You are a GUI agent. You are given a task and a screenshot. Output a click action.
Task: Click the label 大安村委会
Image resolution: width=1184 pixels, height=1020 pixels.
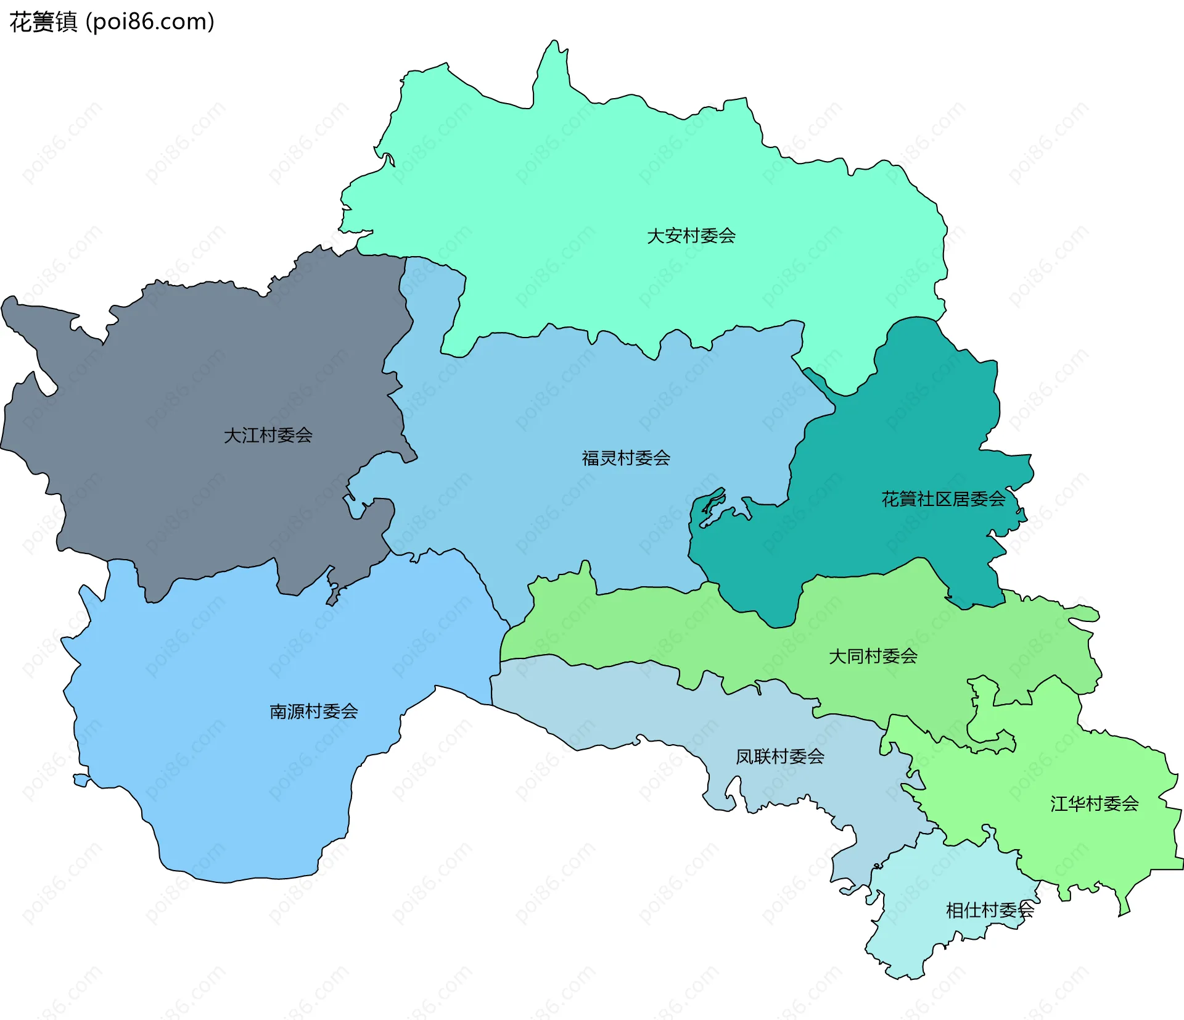point(691,236)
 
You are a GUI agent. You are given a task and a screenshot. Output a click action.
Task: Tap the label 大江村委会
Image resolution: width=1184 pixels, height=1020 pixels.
point(268,435)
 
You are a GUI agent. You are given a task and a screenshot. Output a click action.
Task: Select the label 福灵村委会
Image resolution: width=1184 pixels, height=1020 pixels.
point(625,458)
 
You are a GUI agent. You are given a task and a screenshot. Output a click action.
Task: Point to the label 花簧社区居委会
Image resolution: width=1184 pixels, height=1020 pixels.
point(943,499)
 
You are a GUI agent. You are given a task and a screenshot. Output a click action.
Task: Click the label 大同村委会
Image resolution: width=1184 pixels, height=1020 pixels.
point(873,656)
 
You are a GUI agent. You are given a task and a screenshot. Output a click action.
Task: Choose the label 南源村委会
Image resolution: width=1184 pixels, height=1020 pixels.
point(313,711)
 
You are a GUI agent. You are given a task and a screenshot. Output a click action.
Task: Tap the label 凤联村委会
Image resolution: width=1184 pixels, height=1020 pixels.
point(779,757)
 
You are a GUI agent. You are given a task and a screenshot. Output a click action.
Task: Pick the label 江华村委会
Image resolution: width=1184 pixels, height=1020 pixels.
point(1094,803)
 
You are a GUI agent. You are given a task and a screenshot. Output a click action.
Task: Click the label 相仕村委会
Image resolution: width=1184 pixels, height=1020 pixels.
point(989,910)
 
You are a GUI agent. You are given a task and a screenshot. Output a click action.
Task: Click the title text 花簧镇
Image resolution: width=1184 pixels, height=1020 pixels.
point(43,22)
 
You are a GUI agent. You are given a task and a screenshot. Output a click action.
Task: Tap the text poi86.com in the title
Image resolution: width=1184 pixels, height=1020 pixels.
point(150,22)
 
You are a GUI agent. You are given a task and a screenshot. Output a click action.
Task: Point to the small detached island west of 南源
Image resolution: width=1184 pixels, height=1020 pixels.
point(81,780)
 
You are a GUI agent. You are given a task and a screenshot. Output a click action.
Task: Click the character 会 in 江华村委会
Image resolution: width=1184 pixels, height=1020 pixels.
point(1130,803)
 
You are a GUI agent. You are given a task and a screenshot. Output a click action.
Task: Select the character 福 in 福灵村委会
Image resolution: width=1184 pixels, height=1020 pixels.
point(590,458)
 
